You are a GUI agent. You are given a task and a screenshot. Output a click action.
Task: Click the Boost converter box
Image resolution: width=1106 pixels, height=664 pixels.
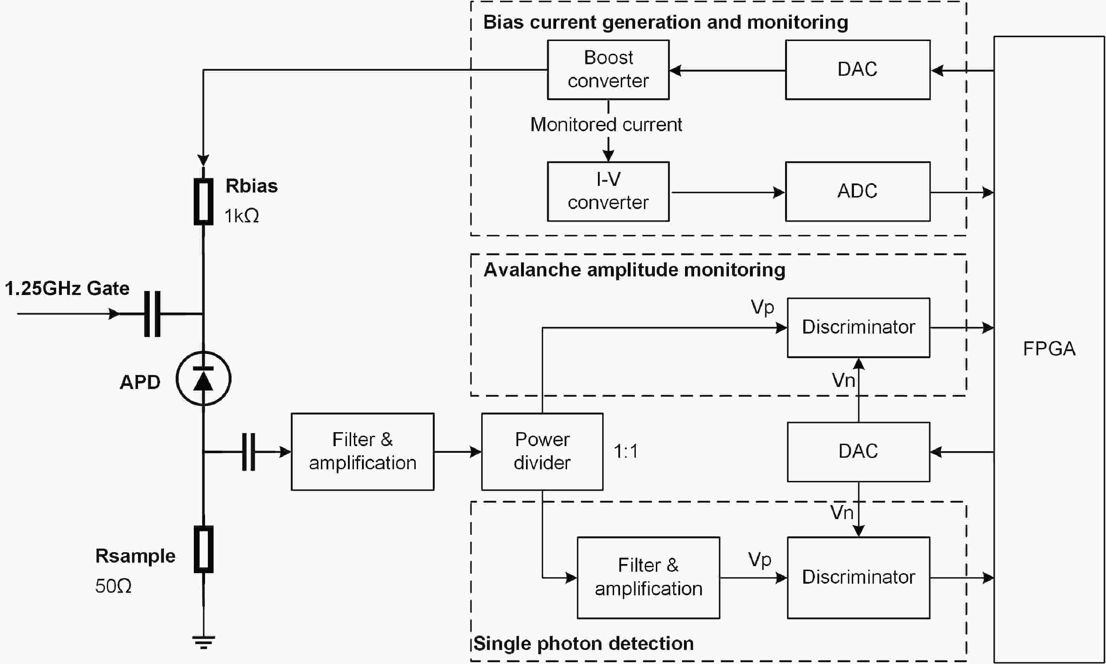coord(608,70)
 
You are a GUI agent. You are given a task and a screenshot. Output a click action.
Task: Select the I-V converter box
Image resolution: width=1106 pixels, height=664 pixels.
coord(608,192)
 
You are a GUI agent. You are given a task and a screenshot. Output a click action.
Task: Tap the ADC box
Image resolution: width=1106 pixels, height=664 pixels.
coord(857,192)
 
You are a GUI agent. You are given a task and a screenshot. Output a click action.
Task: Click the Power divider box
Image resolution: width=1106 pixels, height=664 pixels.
coord(542,451)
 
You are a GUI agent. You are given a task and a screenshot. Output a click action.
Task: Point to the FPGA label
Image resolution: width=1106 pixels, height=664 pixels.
coord(1049,349)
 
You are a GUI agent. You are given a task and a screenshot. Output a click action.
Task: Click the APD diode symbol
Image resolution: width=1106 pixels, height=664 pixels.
coord(203,378)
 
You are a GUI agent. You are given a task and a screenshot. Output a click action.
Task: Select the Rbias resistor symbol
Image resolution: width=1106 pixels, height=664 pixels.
coord(203,201)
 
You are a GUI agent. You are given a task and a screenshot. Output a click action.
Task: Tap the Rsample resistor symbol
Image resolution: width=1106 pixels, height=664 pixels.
coord(203,549)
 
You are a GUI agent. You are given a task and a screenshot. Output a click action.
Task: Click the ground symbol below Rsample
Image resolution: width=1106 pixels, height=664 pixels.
coord(203,642)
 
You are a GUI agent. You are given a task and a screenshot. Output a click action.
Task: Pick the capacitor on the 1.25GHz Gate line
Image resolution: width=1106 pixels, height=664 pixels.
coord(152,314)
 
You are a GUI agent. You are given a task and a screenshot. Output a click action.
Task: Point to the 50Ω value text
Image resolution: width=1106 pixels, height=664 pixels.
coord(113,586)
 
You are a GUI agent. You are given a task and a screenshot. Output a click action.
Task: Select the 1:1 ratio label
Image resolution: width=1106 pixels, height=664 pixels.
coord(626,451)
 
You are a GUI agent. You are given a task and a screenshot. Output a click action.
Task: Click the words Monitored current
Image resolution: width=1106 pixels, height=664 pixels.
coord(606,125)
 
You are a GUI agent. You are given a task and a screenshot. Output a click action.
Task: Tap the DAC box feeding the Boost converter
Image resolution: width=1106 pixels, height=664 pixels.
coord(857,70)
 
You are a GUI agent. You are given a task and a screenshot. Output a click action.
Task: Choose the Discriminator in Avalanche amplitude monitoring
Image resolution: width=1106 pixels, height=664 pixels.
coord(858,328)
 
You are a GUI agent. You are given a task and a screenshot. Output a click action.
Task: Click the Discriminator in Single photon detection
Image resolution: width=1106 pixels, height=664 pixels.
coord(858,577)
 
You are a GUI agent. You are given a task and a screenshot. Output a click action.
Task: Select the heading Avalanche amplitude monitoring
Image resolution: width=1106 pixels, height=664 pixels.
coord(634,270)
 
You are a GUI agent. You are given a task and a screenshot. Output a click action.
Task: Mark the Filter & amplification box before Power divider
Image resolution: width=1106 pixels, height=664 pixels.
coord(362,451)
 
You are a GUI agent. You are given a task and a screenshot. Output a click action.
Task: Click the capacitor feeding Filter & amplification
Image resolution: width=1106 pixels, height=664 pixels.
coord(249,451)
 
